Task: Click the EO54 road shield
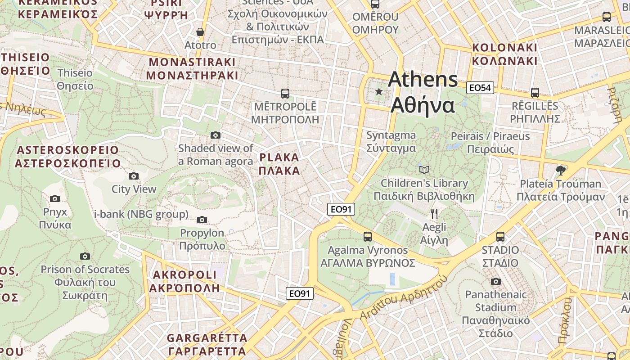click(x=480, y=88)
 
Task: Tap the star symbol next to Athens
click(x=379, y=92)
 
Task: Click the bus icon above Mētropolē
click(x=285, y=94)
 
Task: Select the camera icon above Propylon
click(x=202, y=220)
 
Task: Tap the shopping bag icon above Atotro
click(x=200, y=32)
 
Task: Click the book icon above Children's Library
click(x=424, y=170)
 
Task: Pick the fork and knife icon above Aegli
click(x=434, y=214)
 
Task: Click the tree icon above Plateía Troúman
click(x=560, y=170)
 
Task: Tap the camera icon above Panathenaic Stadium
click(x=495, y=281)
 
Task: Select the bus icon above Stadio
click(x=500, y=236)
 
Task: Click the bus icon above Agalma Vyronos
click(x=368, y=236)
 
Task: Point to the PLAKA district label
click(x=279, y=164)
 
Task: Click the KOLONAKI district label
click(x=504, y=54)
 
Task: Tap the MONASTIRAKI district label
click(x=192, y=68)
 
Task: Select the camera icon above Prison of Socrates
click(x=85, y=256)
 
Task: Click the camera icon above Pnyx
click(x=55, y=198)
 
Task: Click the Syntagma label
click(x=391, y=141)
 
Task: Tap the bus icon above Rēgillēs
click(x=535, y=93)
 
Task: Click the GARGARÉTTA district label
click(x=207, y=344)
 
